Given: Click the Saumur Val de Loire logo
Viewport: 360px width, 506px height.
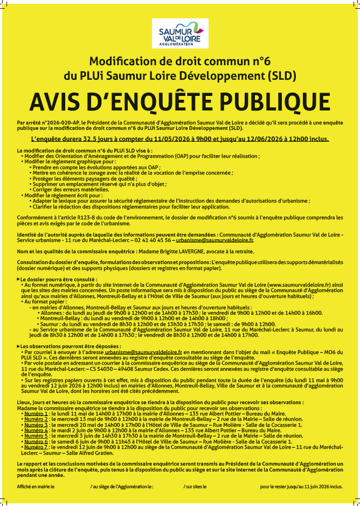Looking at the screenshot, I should click(x=179, y=33).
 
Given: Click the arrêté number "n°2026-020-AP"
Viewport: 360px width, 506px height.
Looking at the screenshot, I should click(x=60, y=123).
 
